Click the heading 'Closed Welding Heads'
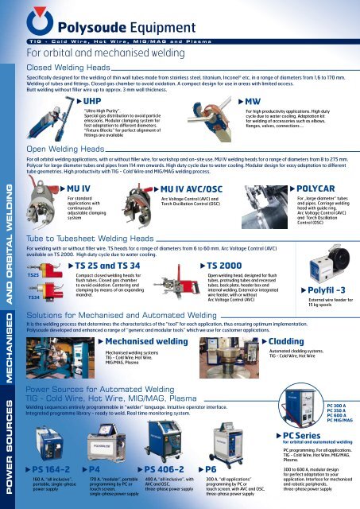pyautogui.click(x=66, y=68)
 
